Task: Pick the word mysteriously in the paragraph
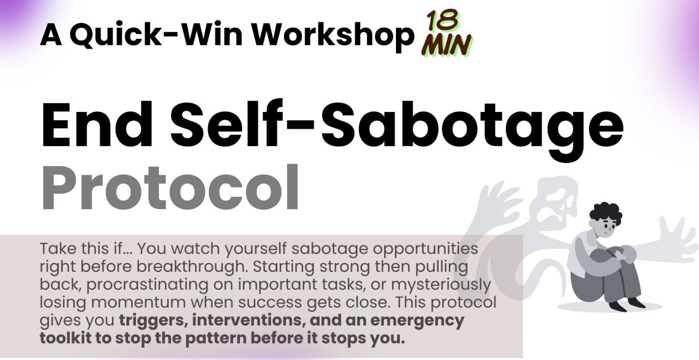[441, 284]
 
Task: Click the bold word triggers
[152, 320]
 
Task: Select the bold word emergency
[417, 320]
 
